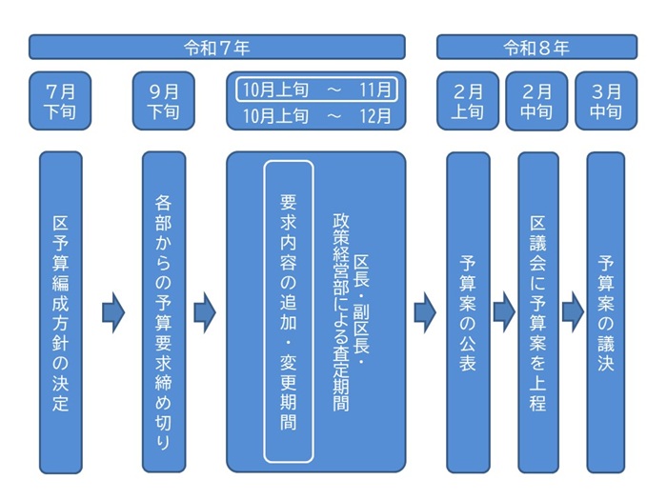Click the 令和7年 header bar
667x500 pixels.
tap(216, 47)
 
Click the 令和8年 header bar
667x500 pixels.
tap(536, 47)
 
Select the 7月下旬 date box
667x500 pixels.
tap(60, 101)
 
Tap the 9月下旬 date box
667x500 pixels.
tap(164, 101)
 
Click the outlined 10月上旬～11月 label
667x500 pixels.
tap(316, 90)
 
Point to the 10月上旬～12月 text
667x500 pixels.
tap(316, 116)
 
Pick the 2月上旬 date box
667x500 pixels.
tap(468, 101)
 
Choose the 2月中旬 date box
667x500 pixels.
tap(536, 101)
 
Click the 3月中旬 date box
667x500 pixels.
tap(605, 101)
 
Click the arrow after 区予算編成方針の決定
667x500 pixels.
tap(113, 312)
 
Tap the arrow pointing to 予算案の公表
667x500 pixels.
tap(425, 312)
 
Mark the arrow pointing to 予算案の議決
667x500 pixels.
tap(573, 312)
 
